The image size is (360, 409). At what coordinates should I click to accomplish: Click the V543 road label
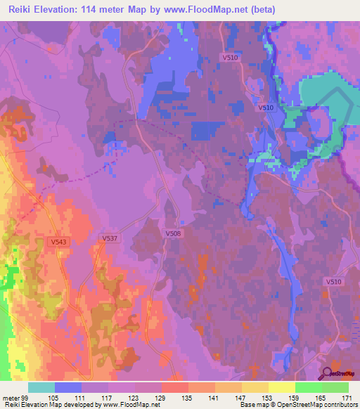click(x=58, y=242)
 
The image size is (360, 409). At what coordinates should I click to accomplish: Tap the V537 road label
click(x=110, y=238)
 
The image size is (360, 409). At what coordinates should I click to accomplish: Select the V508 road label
click(x=172, y=233)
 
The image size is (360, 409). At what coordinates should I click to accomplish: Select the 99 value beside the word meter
click(x=27, y=397)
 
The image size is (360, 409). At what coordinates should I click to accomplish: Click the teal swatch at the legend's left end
click(x=41, y=387)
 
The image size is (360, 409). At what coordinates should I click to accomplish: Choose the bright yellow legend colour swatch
click(x=282, y=387)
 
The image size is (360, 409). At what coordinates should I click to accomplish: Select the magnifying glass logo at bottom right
click(x=327, y=373)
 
